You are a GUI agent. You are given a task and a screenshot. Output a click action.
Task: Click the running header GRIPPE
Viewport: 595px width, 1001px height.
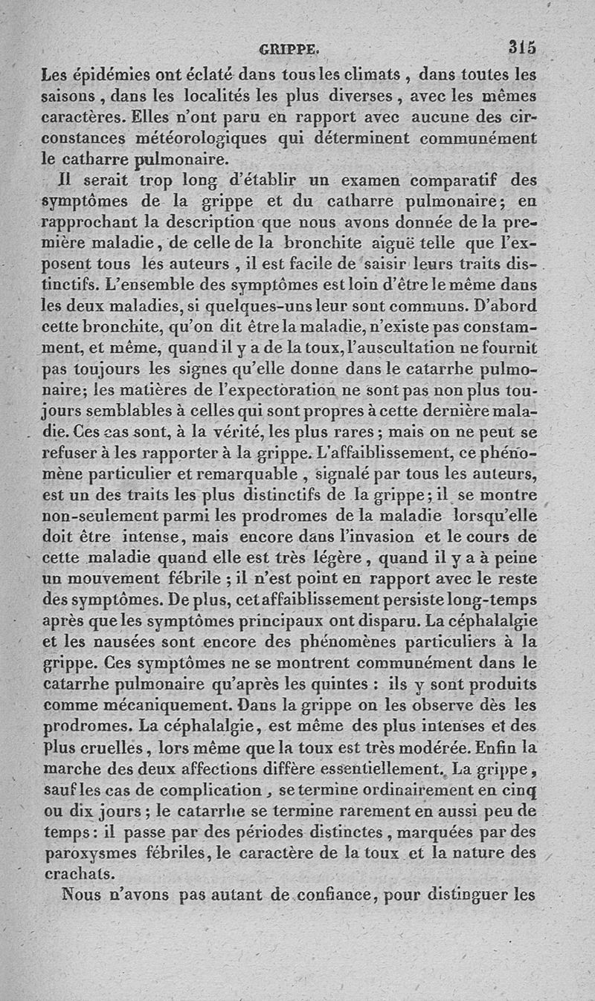pos(289,51)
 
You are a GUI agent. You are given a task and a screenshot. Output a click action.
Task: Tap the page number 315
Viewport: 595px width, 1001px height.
pos(522,48)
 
